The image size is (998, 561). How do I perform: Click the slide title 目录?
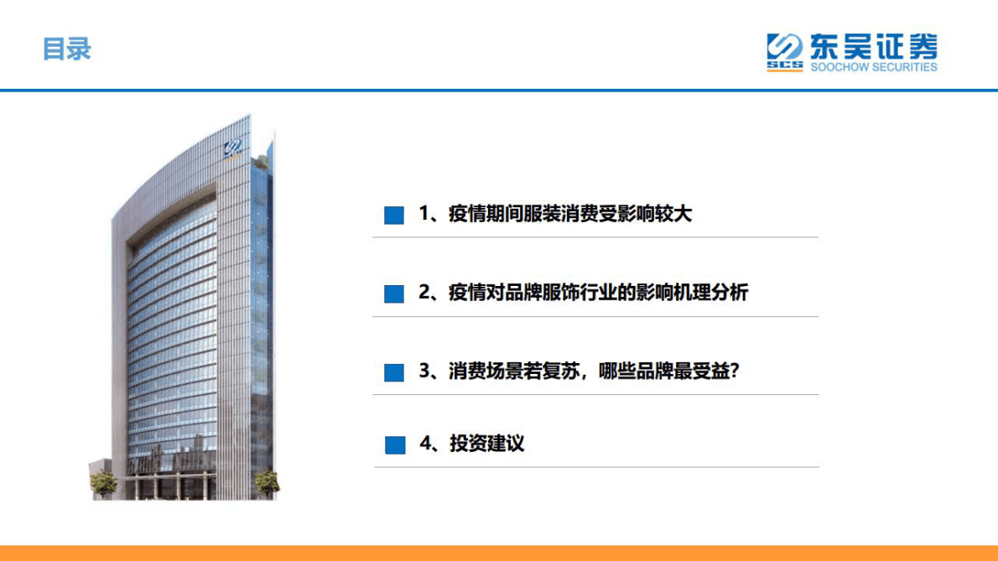pyautogui.click(x=66, y=49)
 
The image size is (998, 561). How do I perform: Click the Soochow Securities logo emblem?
pyautogui.click(x=785, y=47)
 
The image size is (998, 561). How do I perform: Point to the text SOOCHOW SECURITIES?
pyautogui.click(x=873, y=67)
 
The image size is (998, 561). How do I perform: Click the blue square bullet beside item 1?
pyautogui.click(x=393, y=216)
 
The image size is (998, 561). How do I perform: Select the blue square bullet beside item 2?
pyautogui.click(x=393, y=294)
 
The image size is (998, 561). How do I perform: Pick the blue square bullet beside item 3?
pyautogui.click(x=393, y=372)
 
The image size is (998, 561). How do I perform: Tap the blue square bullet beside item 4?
pyautogui.click(x=393, y=445)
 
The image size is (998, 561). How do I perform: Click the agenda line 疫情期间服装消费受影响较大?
pyautogui.click(x=555, y=215)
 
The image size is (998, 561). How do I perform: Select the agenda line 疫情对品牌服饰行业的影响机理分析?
pyautogui.click(x=583, y=293)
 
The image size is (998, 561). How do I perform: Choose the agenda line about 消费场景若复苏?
pyautogui.click(x=579, y=371)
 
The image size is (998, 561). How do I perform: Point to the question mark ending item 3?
pyautogui.click(x=733, y=371)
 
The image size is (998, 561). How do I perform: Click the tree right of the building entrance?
pyautogui.click(x=266, y=481)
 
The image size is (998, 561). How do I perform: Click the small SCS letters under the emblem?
pyautogui.click(x=784, y=65)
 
